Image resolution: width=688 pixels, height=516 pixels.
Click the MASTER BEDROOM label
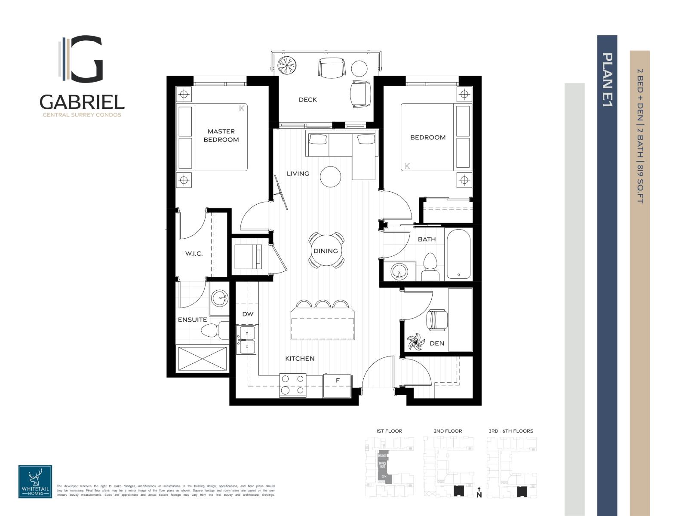point(221,135)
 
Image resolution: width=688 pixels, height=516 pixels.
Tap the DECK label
point(307,100)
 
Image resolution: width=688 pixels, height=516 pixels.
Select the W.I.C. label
point(194,254)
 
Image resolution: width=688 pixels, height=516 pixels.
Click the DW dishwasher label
point(248,314)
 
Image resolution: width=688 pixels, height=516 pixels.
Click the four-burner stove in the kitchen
point(293,385)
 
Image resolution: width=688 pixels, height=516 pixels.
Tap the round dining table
point(326,251)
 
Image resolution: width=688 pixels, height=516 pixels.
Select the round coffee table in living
point(331,176)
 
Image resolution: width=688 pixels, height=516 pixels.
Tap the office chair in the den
point(436,319)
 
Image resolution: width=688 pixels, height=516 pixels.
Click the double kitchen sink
point(247,340)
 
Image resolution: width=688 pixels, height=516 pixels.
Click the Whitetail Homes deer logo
point(35,481)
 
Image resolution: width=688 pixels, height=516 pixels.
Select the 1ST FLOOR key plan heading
point(389,431)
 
